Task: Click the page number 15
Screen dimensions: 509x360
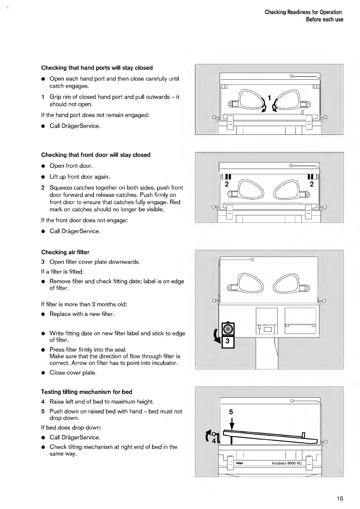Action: [340, 498]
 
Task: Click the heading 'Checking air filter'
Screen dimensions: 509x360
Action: [65, 252]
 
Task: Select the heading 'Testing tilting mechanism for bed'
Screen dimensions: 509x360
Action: [87, 392]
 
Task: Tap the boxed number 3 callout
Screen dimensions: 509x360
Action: [228, 342]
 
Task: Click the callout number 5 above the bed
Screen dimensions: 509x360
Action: [231, 412]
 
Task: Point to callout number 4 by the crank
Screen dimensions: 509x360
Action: [214, 441]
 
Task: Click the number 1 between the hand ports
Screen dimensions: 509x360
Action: [269, 97]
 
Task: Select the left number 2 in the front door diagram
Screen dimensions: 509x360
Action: [227, 184]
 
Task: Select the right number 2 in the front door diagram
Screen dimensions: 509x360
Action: [312, 184]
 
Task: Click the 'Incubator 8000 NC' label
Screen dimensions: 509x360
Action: [287, 463]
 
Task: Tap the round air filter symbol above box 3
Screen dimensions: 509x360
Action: [228, 329]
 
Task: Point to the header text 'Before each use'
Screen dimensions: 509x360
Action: [324, 19]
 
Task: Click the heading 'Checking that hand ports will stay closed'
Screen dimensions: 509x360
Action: [97, 68]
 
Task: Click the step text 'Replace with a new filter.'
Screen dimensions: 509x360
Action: [82, 314]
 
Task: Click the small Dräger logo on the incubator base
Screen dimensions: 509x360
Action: [240, 463]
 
